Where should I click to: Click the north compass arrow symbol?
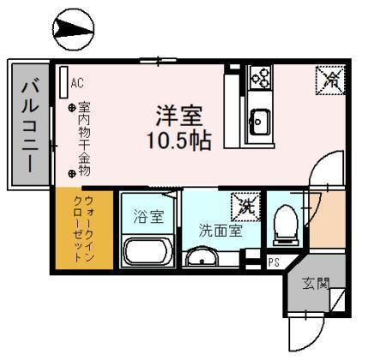pos(74,29)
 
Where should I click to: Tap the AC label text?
pos(77,83)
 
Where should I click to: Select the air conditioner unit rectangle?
pos(63,82)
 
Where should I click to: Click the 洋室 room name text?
pos(179,116)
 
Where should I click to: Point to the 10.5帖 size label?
pos(179,141)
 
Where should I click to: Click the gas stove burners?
pos(260,77)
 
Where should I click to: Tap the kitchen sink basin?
pos(260,123)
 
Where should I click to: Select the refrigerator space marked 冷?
pos(330,81)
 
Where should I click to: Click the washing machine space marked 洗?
pos(245,207)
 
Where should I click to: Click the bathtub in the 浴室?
pos(148,251)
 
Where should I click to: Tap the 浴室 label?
pos(148,217)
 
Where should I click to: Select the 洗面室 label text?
pos(220,231)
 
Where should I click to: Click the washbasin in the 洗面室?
pos(202,257)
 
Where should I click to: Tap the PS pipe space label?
pos(274,262)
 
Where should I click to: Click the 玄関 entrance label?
pos(316,284)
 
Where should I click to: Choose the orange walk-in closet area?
pos(84,228)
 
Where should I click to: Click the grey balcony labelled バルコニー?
pos(30,124)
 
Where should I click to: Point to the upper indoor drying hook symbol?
pos(72,108)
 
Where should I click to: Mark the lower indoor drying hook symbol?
pos(72,173)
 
